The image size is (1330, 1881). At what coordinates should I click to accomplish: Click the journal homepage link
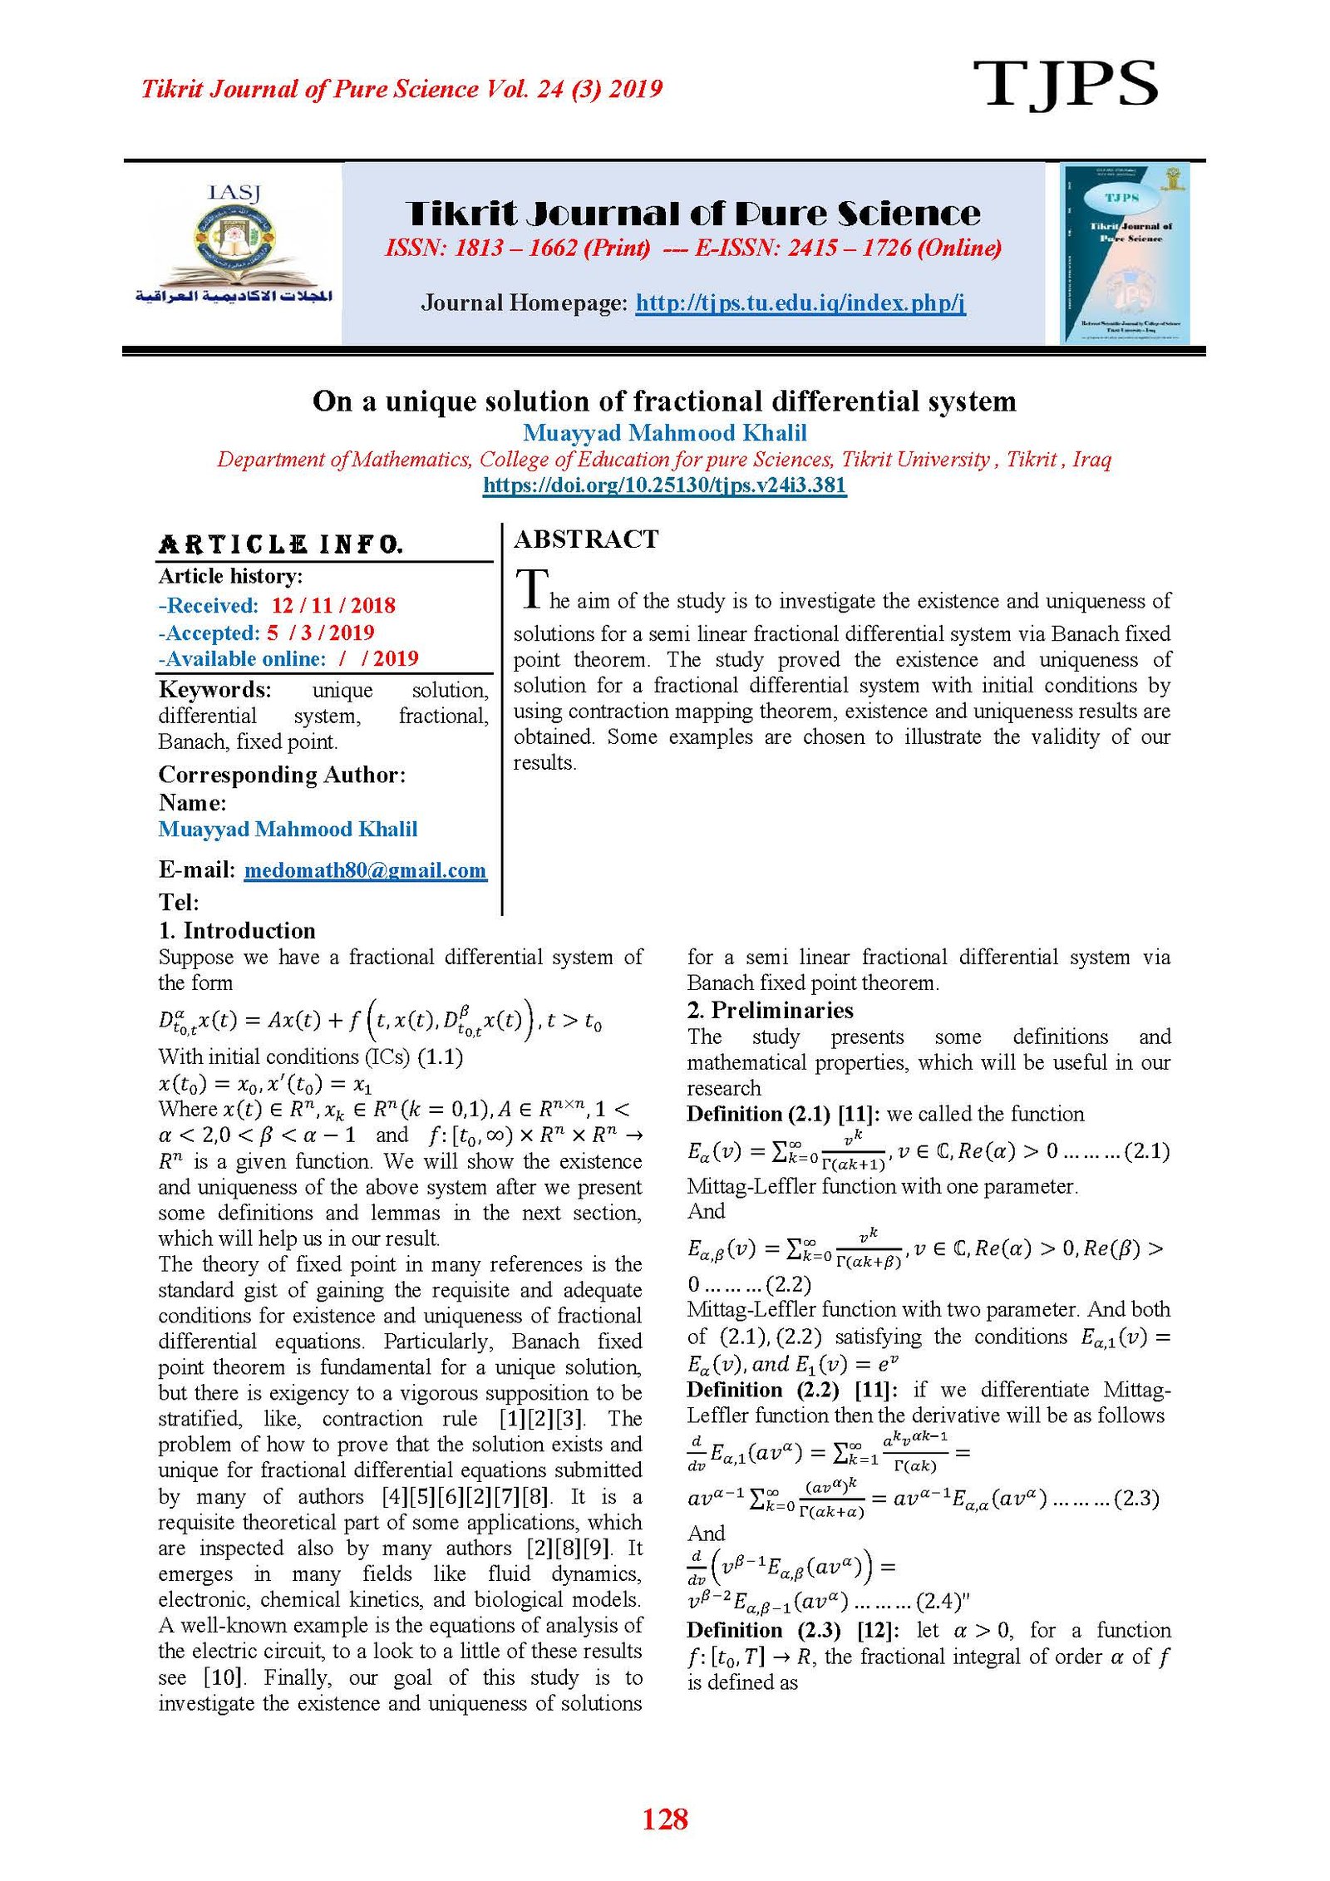point(800,303)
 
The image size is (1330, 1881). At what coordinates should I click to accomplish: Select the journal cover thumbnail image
point(1125,253)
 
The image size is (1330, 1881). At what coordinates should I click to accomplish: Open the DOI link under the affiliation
point(664,485)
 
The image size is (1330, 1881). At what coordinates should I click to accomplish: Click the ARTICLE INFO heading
point(281,545)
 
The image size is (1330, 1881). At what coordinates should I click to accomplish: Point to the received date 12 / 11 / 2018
point(332,605)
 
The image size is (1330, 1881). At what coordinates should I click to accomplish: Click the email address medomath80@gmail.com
point(365,870)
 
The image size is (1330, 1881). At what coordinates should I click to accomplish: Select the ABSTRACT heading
point(586,539)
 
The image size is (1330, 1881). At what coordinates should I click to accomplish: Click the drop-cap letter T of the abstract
point(532,588)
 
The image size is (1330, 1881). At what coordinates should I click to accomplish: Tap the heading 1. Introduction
point(237,930)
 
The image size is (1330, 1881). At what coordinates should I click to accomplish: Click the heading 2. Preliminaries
point(770,1010)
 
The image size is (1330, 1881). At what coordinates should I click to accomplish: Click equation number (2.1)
point(1146,1151)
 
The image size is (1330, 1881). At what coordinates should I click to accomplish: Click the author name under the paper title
point(664,433)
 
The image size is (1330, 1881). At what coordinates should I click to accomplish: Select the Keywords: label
point(214,690)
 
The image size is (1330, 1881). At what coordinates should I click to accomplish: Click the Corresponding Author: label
point(282,775)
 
